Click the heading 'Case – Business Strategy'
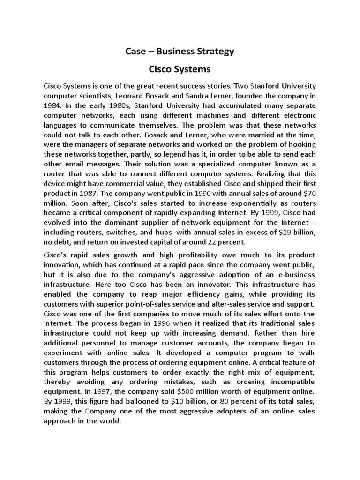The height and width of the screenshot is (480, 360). click(x=180, y=52)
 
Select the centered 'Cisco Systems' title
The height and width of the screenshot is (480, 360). click(x=180, y=69)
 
